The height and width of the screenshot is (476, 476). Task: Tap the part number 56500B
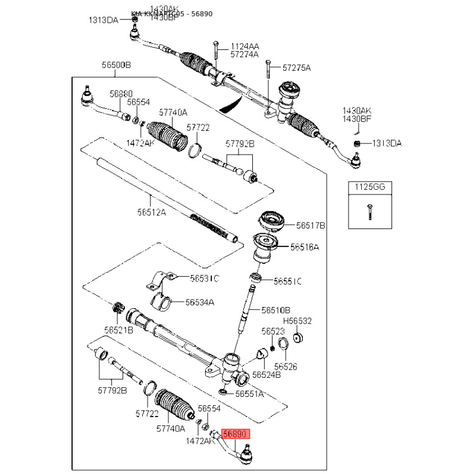coord(117,65)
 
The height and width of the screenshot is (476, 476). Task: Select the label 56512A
coord(151,211)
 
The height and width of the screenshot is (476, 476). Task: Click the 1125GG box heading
coord(370,187)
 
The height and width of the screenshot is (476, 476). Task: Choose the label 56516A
coord(305,246)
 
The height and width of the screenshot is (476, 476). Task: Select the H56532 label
coord(297,321)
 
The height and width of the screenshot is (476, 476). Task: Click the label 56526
coord(286,367)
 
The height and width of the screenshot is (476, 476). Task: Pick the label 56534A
coord(200,302)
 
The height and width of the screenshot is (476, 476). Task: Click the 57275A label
coord(296,68)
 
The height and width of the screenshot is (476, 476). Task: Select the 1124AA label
coord(245,46)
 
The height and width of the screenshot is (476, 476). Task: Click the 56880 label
coord(121,93)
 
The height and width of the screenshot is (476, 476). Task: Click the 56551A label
coord(250,394)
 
